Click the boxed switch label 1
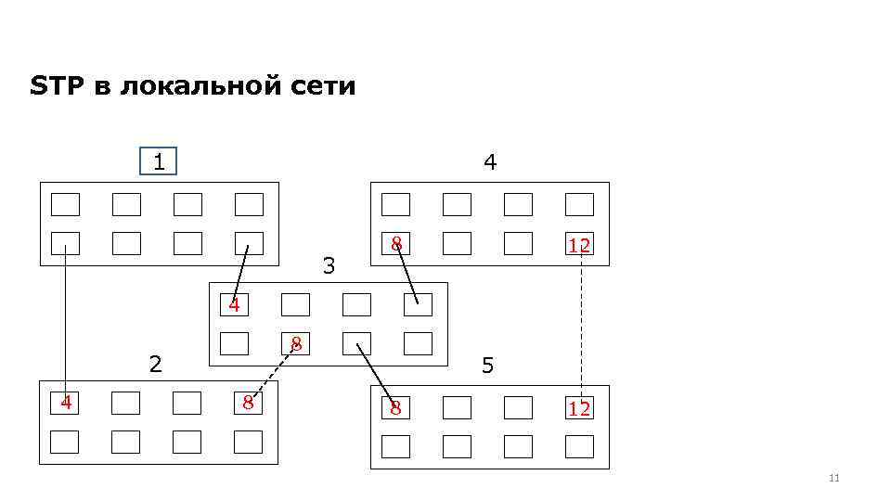pos(158,162)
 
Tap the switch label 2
pos(156,363)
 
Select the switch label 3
pos(328,266)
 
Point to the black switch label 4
pos(490,162)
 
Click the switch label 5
pos(487,366)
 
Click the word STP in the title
pos(58,87)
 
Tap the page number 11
pos(833,478)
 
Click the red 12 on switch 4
pos(579,245)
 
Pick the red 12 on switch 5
pos(579,408)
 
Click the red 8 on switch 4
pos(395,244)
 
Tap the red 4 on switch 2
pos(65,403)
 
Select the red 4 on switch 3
pos(235,304)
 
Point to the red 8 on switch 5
pos(395,408)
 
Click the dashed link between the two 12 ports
pos(581,325)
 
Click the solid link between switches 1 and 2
pos(65,320)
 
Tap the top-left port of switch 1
pos(65,204)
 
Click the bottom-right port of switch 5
pos(579,446)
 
